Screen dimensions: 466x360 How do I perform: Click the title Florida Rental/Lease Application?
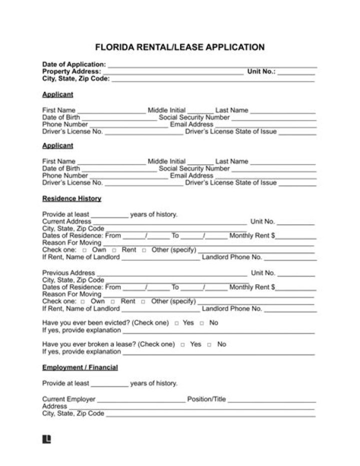pyautogui.click(x=179, y=48)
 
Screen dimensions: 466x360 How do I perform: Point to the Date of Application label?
pyautogui.click(x=73, y=65)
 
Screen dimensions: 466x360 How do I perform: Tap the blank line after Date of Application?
pyautogui.click(x=212, y=66)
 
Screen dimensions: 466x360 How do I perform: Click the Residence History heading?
pyautogui.click(x=71, y=199)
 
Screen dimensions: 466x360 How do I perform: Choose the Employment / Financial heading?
pyautogui.click(x=80, y=367)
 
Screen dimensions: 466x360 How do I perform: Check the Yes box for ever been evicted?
pyautogui.click(x=176, y=323)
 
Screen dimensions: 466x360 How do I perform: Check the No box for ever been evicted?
pyautogui.click(x=202, y=323)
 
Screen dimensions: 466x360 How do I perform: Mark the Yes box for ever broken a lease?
pyautogui.click(x=182, y=345)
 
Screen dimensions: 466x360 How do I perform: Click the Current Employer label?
pyautogui.click(x=68, y=399)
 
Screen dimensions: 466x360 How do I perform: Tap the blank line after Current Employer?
pyautogui.click(x=141, y=401)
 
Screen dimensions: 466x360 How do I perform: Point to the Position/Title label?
pyautogui.click(x=206, y=399)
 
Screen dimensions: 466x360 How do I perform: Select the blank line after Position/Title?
pyautogui.click(x=272, y=401)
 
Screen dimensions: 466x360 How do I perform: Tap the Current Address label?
pyautogui.click(x=66, y=221)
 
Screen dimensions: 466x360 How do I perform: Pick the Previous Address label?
pyautogui.click(x=68, y=273)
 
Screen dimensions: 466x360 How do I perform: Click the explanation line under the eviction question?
pyautogui.click(x=218, y=332)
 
